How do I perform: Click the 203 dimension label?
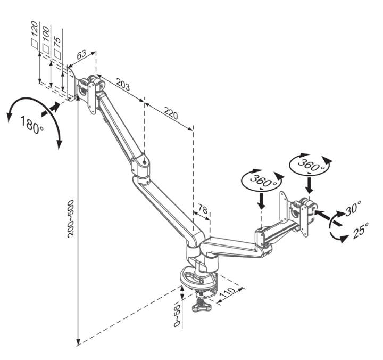pyautogui.click(x=123, y=85)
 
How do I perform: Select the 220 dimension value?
pyautogui.click(x=171, y=113)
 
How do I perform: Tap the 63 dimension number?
pyautogui.click(x=81, y=54)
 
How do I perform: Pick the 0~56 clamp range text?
pyautogui.click(x=177, y=315)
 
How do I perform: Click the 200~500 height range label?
pyautogui.click(x=70, y=218)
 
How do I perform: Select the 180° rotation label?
pyautogui.click(x=32, y=125)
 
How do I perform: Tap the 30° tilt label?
pyautogui.click(x=353, y=208)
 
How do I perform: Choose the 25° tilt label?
pyautogui.click(x=361, y=231)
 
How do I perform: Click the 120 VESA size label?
pyautogui.click(x=35, y=29)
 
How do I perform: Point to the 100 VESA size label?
pyautogui.click(x=45, y=34)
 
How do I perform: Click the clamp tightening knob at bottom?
pyautogui.click(x=201, y=306)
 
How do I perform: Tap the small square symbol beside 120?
pyautogui.click(x=35, y=44)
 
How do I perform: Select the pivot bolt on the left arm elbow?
pyautogui.click(x=145, y=162)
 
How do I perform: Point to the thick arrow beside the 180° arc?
pyautogui.click(x=51, y=109)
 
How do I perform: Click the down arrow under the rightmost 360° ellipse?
pyautogui.click(x=310, y=186)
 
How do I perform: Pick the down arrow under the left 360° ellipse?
pyautogui.click(x=262, y=201)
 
